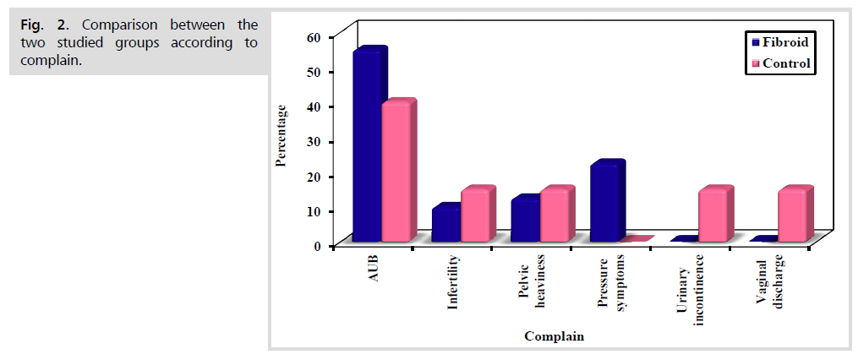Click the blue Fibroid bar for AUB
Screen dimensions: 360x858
click(367, 148)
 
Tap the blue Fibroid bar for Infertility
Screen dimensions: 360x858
click(445, 226)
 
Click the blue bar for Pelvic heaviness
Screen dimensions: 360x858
click(525, 221)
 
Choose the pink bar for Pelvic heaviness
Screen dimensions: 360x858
click(555, 216)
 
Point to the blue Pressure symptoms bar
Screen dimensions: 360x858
click(604, 203)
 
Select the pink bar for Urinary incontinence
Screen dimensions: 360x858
click(713, 216)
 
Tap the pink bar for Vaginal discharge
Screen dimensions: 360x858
click(793, 216)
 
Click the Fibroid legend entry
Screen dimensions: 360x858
click(778, 41)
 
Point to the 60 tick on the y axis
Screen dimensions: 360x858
click(314, 37)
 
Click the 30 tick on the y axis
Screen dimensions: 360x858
click(314, 141)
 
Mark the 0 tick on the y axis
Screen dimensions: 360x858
click(318, 245)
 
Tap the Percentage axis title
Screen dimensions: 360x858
click(281, 136)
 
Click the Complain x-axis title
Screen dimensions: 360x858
click(554, 336)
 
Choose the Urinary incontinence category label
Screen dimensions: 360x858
click(691, 287)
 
